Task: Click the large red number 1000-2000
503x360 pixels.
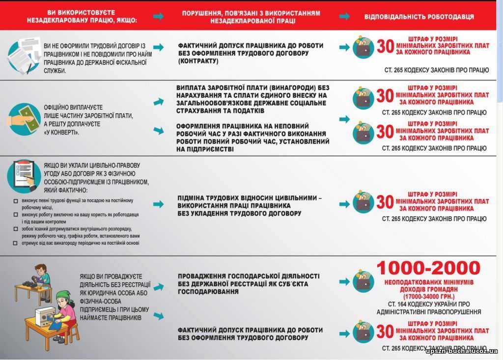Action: point(428,268)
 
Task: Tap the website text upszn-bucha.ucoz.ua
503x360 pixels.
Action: point(461,351)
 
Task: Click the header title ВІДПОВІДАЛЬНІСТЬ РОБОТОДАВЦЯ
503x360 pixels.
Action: point(419,17)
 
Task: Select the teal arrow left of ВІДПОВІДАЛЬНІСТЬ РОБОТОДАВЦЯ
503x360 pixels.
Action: point(345,16)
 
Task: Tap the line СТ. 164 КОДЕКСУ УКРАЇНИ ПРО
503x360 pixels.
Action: point(428,304)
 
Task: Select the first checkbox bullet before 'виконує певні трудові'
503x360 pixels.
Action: point(16,201)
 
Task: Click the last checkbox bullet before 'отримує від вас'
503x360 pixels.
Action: point(16,243)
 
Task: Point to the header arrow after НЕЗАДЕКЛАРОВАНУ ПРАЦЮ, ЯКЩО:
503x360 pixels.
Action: point(158,16)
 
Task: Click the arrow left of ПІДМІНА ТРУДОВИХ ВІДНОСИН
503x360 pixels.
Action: point(158,204)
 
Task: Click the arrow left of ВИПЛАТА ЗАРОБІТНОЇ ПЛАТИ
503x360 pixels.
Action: point(158,102)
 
